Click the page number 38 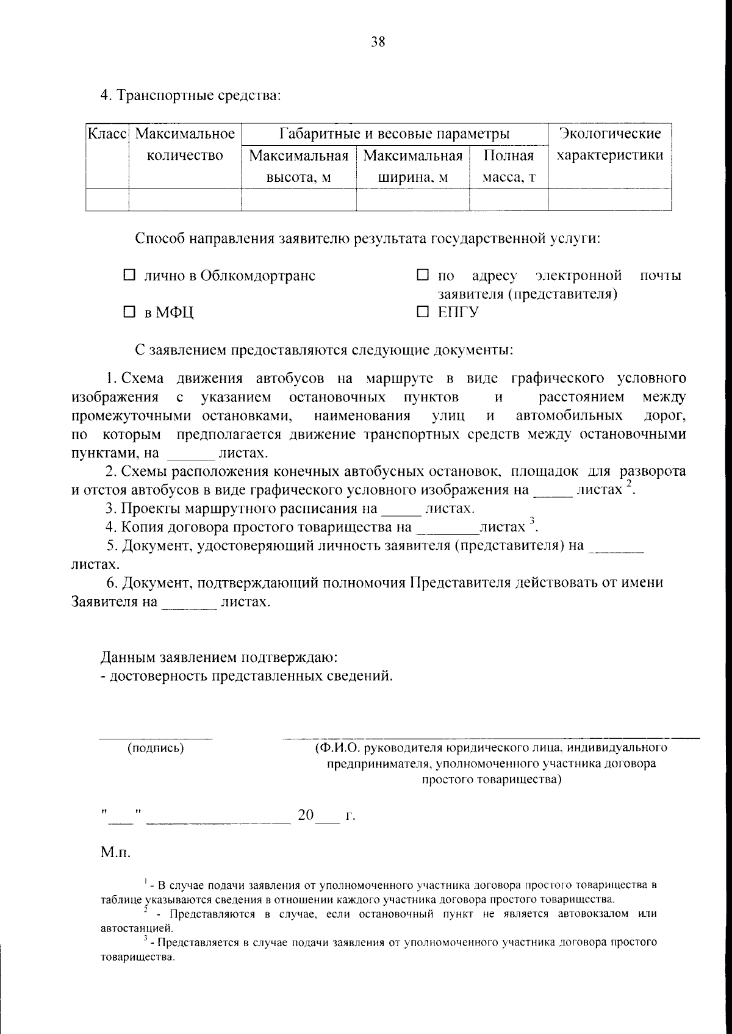(x=378, y=41)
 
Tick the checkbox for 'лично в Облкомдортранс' (x=129, y=276)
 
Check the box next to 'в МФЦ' (x=129, y=313)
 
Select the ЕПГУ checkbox (x=422, y=312)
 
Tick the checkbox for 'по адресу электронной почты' (x=422, y=276)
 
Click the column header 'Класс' (x=107, y=134)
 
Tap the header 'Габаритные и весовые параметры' (x=394, y=134)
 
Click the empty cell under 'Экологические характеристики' (x=610, y=200)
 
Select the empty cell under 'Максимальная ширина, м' (x=412, y=200)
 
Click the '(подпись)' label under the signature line (x=155, y=748)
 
